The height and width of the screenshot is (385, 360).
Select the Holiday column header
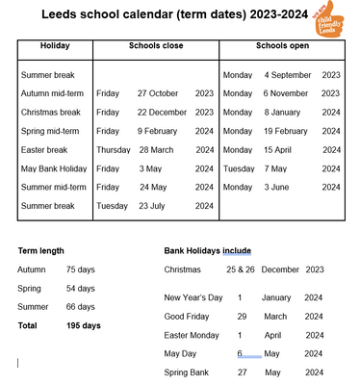54,46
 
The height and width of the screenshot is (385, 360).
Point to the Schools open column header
281,46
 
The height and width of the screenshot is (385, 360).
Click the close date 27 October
160,93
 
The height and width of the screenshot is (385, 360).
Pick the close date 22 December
163,112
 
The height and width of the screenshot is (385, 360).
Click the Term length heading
43,250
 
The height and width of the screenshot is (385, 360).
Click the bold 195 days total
84,325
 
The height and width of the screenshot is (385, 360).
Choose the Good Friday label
190,316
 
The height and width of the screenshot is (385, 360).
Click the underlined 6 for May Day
241,353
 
